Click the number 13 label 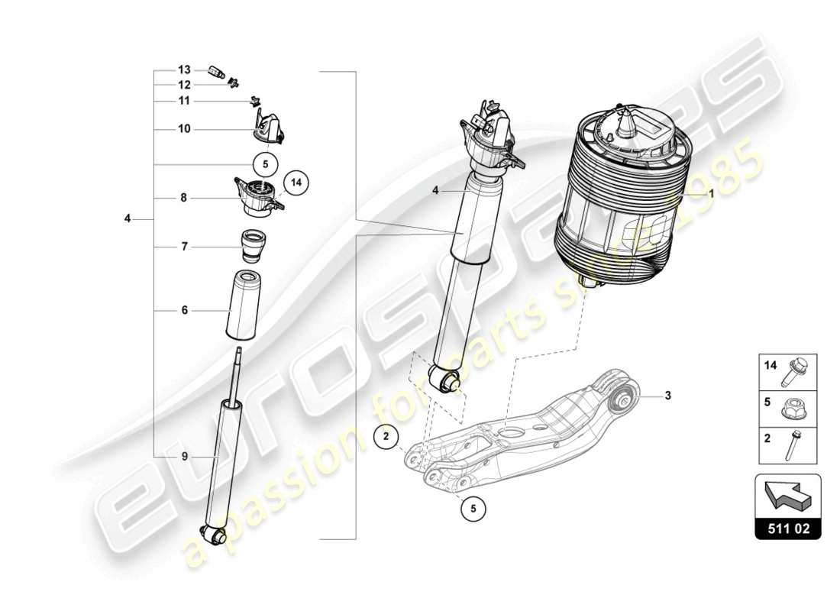point(184,70)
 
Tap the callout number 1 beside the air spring point(711,194)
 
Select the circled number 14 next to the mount point(296,183)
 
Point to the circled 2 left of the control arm point(386,437)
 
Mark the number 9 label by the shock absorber point(184,456)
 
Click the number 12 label point(184,85)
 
